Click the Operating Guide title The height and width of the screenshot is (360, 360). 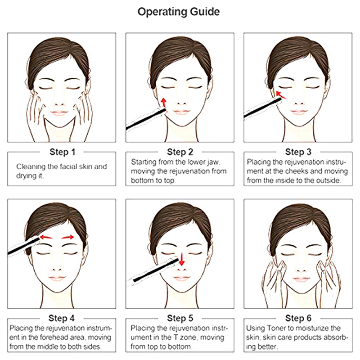click(x=178, y=12)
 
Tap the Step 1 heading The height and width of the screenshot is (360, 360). click(x=62, y=152)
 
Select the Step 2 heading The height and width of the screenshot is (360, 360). click(x=180, y=152)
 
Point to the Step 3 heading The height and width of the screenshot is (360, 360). click(x=298, y=152)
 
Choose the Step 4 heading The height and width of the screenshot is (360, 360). click(x=62, y=318)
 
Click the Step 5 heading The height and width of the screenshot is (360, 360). click(x=180, y=318)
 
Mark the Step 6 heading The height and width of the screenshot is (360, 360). click(x=298, y=318)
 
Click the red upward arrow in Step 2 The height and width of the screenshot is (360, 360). click(x=163, y=103)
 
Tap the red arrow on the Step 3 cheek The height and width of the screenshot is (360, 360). click(x=281, y=95)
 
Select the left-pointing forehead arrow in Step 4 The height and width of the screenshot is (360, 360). click(x=46, y=237)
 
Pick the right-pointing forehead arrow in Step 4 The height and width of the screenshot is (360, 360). click(x=67, y=238)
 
